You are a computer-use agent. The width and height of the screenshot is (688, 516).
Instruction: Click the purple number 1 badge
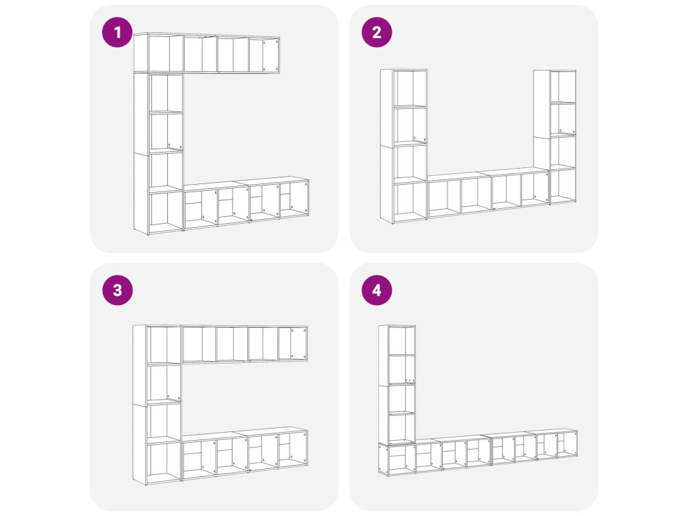[x=117, y=32]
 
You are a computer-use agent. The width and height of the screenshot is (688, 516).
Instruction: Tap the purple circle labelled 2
[x=376, y=32]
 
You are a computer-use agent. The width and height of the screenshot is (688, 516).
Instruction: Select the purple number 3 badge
[x=117, y=290]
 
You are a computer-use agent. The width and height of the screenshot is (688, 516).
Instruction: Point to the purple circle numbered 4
[x=376, y=290]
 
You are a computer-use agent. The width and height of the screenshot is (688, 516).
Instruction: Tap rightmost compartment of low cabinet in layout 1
[x=294, y=200]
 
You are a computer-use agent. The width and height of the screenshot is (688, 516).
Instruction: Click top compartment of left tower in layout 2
[x=410, y=88]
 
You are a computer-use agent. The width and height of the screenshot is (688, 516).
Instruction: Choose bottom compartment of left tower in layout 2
[x=410, y=202]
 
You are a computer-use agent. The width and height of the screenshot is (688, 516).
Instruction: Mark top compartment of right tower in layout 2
[x=563, y=87]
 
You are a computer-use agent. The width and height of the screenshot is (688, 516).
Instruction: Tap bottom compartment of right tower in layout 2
[x=563, y=185]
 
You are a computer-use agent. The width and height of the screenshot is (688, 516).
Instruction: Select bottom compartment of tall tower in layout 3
[x=164, y=462]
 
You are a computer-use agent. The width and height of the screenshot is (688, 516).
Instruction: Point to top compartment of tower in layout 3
[x=164, y=345]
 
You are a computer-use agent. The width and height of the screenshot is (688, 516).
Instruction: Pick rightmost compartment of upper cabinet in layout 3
[x=292, y=343]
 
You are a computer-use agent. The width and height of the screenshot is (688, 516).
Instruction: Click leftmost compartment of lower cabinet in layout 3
[x=199, y=458]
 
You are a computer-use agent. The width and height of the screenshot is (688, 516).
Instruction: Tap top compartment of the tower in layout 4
[x=402, y=341]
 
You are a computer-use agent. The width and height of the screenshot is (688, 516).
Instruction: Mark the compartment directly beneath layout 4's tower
[x=398, y=458]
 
